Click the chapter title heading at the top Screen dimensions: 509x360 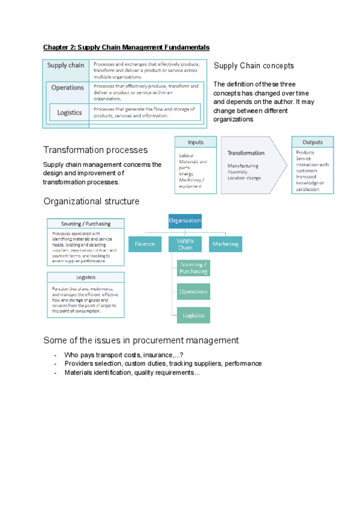tap(126, 46)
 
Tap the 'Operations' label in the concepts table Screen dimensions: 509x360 tap(68, 88)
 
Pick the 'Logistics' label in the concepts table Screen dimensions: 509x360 tap(70, 112)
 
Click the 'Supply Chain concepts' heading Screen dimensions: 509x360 tap(254, 65)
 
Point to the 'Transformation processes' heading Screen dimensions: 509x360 tap(95, 149)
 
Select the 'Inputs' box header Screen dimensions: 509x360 tap(196, 142)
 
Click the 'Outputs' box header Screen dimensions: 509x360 tap(313, 142)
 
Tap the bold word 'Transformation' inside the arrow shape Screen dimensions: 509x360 tap(246, 153)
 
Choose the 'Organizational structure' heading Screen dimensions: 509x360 tap(91, 201)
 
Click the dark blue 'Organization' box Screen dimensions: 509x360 tap(185, 221)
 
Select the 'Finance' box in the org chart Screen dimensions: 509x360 tap(145, 244)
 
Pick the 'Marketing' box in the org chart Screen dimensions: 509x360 tap(225, 244)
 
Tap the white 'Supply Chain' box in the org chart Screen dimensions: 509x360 tap(185, 244)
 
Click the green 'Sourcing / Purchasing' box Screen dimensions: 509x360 tap(194, 268)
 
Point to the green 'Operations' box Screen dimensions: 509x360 tap(194, 292)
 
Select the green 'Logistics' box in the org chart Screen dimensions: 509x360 tap(194, 315)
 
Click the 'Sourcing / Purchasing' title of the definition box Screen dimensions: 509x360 tap(86, 224)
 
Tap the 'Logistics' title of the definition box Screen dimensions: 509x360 tap(86, 277)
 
